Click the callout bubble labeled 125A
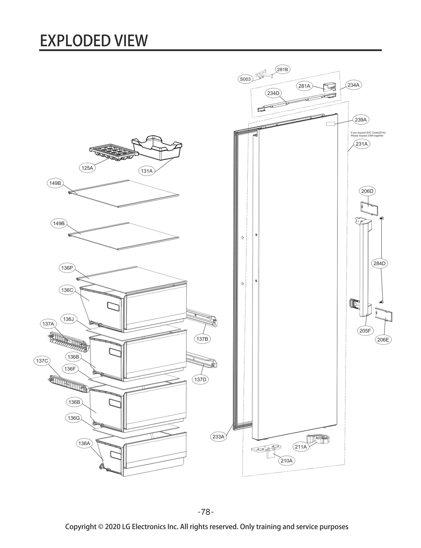(x=87, y=168)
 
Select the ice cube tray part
(x=113, y=152)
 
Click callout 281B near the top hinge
(x=283, y=69)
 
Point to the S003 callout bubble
(x=245, y=79)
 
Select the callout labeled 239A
(x=360, y=120)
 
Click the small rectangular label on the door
(x=330, y=124)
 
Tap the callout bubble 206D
(x=367, y=191)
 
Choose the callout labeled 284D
(x=379, y=263)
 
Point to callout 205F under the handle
(x=365, y=331)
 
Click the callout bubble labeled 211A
(x=301, y=447)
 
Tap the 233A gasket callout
(x=218, y=437)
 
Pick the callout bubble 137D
(x=200, y=379)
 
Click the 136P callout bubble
(x=67, y=268)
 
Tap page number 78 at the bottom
(x=206, y=512)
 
